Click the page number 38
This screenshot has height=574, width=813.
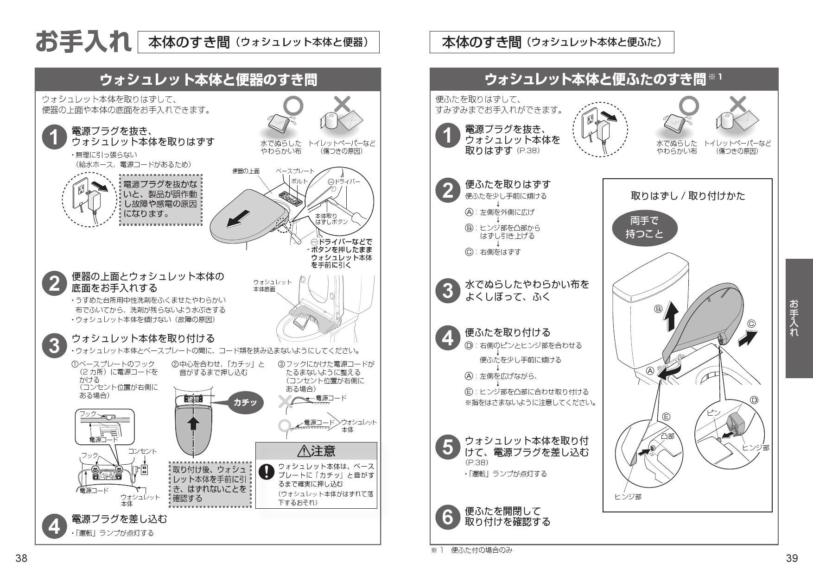[x=21, y=558]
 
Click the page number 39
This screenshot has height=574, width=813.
[x=792, y=558]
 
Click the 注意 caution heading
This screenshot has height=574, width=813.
[x=317, y=451]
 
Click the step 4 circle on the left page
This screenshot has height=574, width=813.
[x=54, y=526]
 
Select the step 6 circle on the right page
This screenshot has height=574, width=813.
[x=447, y=517]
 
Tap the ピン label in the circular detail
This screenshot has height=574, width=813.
[x=714, y=412]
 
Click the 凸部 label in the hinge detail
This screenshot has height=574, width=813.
[x=667, y=436]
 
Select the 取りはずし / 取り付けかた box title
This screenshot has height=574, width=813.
[x=688, y=196]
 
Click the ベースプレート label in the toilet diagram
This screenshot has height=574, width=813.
[x=295, y=171]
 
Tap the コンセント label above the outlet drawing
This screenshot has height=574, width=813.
[x=143, y=451]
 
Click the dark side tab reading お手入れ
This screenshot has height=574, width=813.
[x=799, y=318]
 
